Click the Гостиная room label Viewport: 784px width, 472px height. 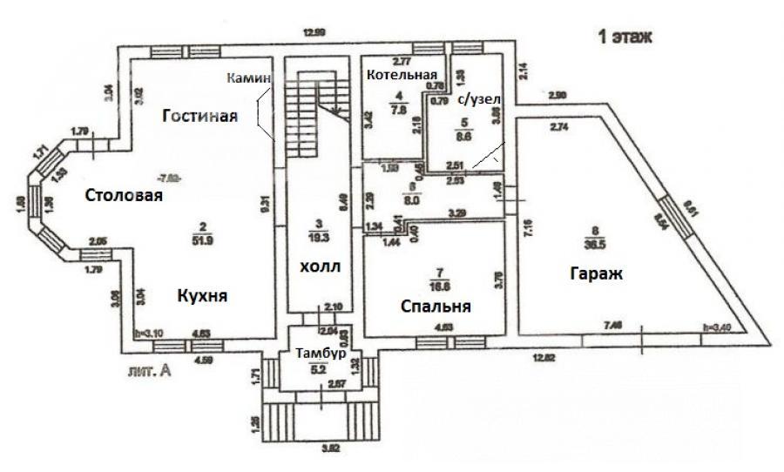click(199, 118)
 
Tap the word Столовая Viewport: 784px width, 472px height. click(124, 195)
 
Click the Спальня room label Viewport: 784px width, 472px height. click(436, 307)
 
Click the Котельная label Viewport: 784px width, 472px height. click(401, 74)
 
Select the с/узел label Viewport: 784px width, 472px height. click(478, 99)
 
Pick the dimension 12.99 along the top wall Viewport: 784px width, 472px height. click(314, 32)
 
